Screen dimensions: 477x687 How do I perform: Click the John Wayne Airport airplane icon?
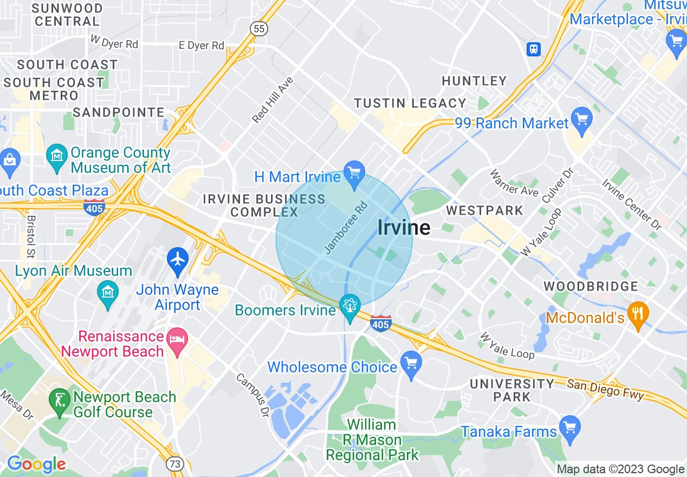pos(178,258)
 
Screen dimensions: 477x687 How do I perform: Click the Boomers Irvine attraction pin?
pos(349,307)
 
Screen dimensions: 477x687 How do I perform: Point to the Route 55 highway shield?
pos(259,28)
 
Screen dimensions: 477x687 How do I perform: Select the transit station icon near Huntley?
pos(534,49)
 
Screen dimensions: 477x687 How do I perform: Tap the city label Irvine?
pos(404,228)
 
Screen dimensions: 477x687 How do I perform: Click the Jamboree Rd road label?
pos(346,228)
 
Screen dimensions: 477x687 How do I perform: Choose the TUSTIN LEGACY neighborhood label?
pos(410,103)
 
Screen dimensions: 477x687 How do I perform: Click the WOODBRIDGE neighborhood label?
pos(591,286)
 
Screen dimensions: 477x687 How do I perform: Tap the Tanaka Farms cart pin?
pos(569,428)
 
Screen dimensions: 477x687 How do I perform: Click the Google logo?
pos(36,464)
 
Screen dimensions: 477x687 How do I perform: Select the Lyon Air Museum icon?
pos(107,291)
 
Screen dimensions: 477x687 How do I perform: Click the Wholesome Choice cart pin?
pos(411,362)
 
